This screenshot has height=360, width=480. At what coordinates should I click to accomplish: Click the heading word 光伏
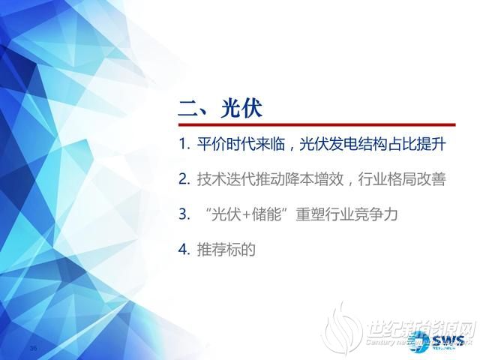point(241,107)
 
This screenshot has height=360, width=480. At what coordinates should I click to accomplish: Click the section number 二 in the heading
point(187,107)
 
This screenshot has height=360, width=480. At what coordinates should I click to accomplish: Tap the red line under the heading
point(316,124)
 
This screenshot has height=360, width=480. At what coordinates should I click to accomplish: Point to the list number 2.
point(183,179)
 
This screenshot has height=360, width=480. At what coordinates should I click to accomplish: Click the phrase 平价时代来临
point(236,144)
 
